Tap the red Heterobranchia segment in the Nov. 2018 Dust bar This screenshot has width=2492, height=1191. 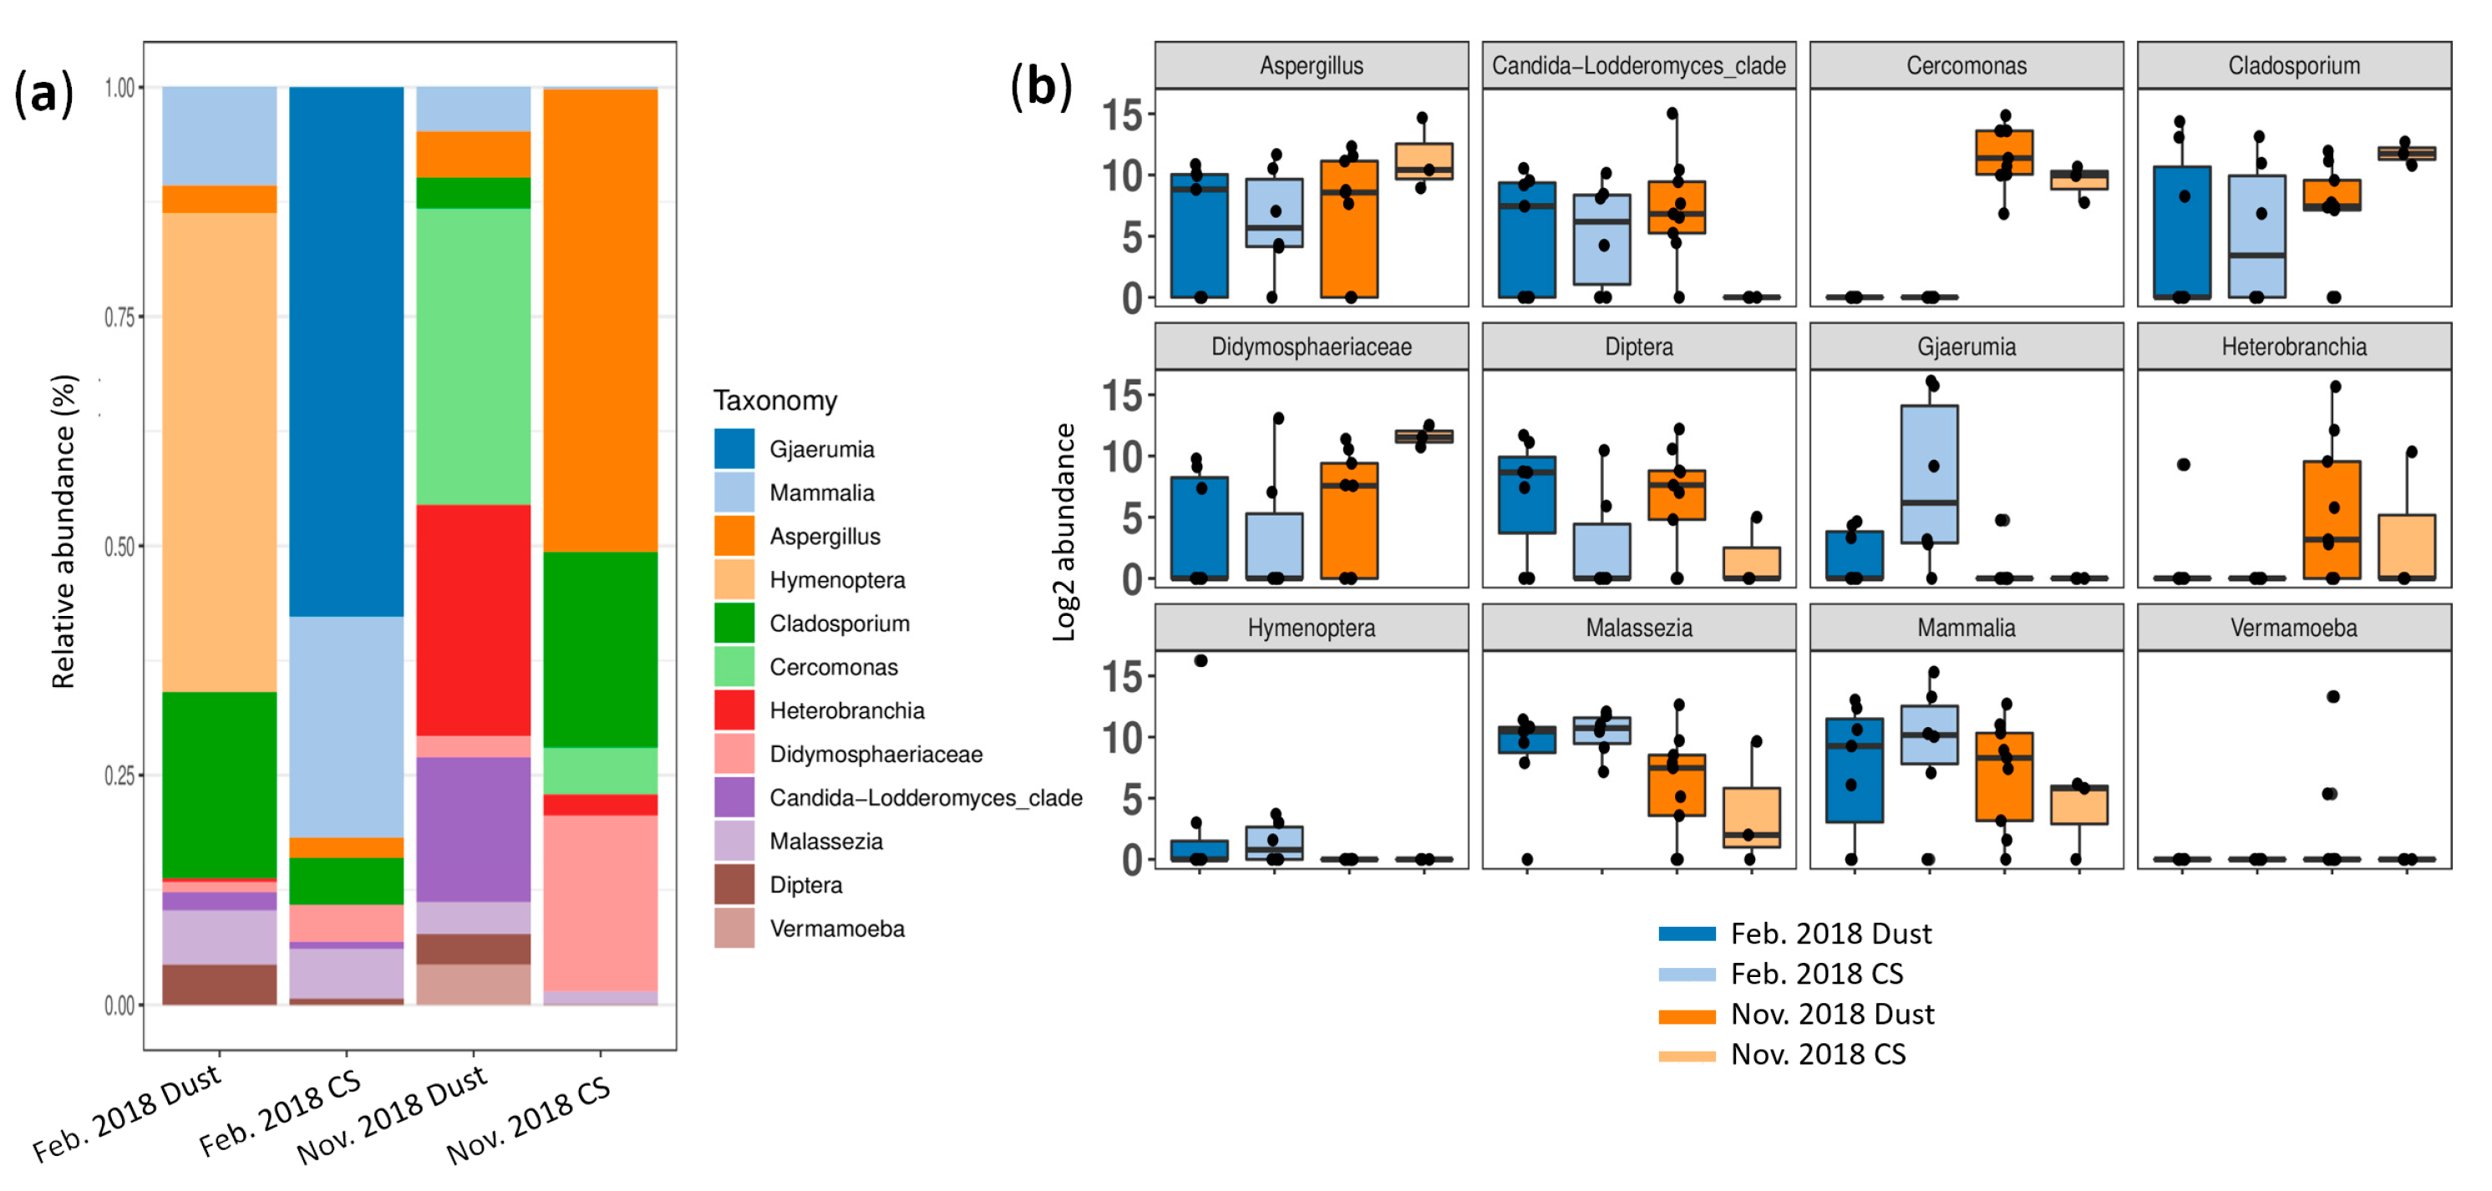click(473, 619)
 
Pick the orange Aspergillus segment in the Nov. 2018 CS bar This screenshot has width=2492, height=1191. click(600, 319)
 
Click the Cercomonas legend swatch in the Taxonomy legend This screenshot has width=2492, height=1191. click(734, 667)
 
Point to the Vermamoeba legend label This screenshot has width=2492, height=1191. click(837, 929)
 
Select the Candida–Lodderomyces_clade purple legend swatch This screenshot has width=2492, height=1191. click(734, 797)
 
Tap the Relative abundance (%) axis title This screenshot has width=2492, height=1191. click(63, 532)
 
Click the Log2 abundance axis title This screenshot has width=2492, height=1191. click(1064, 532)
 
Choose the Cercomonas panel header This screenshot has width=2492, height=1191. click(1966, 66)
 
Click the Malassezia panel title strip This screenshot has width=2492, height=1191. click(1639, 628)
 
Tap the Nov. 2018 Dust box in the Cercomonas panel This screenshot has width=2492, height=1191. click(2003, 153)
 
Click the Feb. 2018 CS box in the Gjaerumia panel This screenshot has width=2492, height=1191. click(1929, 474)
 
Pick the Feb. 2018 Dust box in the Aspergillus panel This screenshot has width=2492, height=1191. click(1200, 235)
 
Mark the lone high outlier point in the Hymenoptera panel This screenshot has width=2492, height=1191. click(1200, 661)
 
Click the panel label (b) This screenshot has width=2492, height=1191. click(1041, 86)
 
